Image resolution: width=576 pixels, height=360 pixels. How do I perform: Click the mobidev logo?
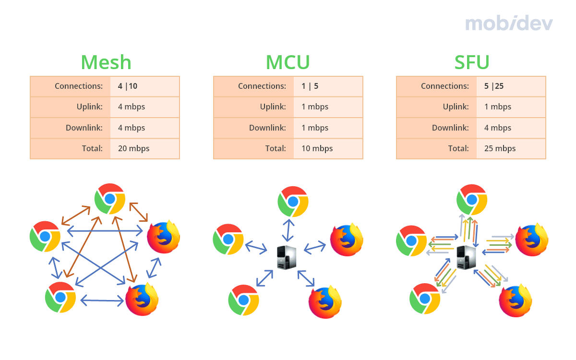[x=509, y=23]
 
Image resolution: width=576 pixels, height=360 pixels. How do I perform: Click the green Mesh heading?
[x=106, y=62]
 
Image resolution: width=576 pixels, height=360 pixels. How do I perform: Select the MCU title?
[x=288, y=62]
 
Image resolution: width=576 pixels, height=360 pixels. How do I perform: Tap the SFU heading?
[x=472, y=62]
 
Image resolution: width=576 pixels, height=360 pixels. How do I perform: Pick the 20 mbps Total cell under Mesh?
[x=133, y=148]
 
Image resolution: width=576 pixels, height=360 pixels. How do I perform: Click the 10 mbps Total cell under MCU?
[x=317, y=148]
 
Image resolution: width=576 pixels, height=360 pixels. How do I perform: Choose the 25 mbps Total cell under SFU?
[x=500, y=148]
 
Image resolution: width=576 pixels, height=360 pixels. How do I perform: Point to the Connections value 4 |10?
[x=127, y=86]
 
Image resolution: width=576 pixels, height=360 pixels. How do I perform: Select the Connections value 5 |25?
[x=494, y=86]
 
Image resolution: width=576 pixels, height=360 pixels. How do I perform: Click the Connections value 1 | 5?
[x=310, y=86]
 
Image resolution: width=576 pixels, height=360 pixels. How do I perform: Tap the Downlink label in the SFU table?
[x=450, y=128]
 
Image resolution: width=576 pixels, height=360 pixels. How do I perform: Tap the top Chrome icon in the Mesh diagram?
[x=110, y=198]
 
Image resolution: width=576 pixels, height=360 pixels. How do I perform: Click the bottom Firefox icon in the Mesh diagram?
[x=142, y=300]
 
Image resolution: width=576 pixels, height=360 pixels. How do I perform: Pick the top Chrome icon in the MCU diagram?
[x=293, y=202]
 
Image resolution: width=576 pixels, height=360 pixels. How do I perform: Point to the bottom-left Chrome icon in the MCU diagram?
[x=244, y=300]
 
